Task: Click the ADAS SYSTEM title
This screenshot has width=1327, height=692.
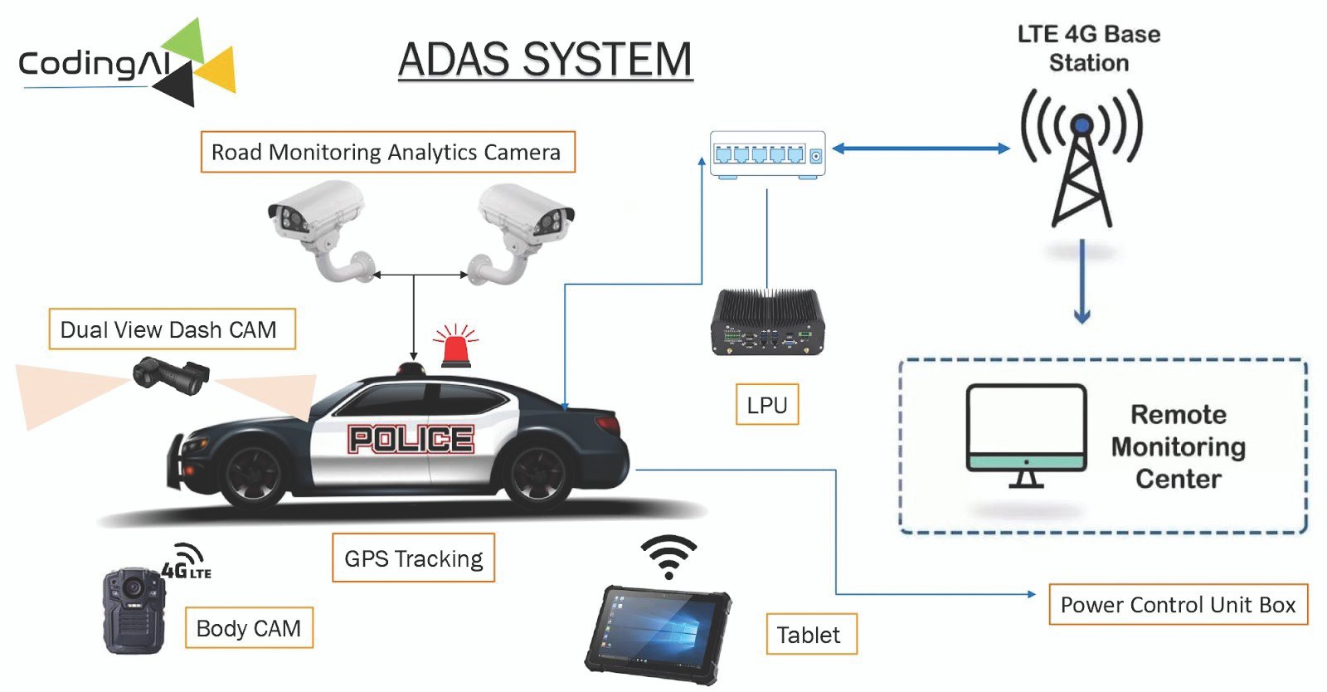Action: tap(545, 60)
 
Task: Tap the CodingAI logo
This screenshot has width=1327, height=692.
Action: tap(124, 63)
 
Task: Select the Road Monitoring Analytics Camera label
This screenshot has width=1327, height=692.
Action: tap(387, 152)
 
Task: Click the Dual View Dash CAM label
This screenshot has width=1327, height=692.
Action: tap(172, 329)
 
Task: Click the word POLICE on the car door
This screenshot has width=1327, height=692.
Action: tap(411, 439)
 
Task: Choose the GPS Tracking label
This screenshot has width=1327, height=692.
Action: tap(413, 558)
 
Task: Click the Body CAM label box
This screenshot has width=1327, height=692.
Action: tap(249, 628)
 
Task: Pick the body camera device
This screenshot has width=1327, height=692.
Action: tap(133, 610)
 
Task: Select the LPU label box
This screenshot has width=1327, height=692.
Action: tap(767, 405)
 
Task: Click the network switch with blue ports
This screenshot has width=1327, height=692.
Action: tap(767, 154)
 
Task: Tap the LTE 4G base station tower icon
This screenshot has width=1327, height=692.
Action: tap(1082, 158)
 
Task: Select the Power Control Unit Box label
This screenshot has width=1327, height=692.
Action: tap(1178, 605)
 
